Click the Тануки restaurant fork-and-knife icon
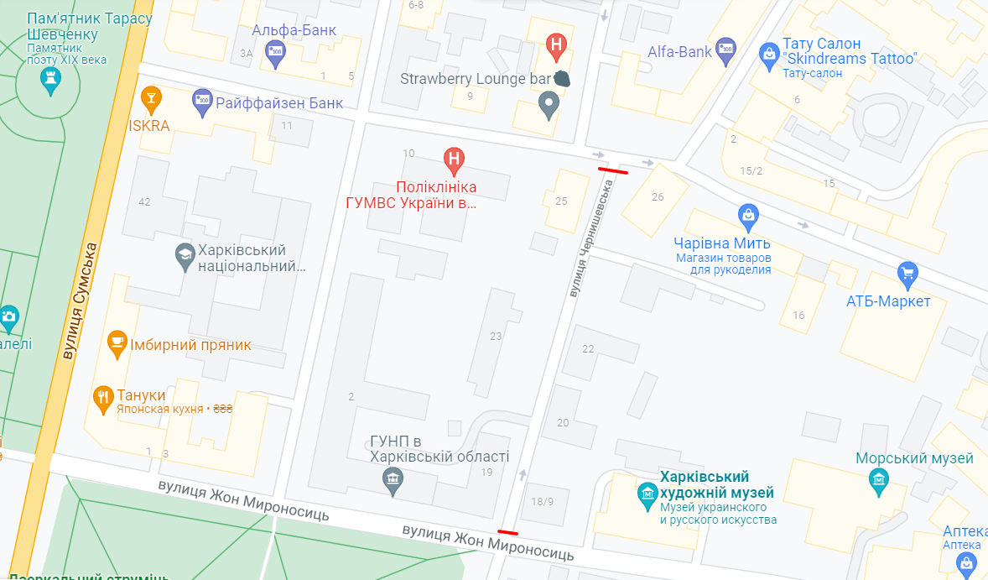coord(103,397)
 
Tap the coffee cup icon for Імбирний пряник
coord(117,342)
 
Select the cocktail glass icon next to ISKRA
coord(151,99)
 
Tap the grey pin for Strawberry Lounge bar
coord(549,106)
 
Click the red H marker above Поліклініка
coord(454,159)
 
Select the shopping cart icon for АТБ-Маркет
coord(907,274)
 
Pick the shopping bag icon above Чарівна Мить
coord(748,216)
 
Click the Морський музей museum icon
coord(878,479)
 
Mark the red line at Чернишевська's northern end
coord(612,170)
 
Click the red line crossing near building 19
coord(507,531)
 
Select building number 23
coord(496,336)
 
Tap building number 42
coord(144,201)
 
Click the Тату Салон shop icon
coord(768,55)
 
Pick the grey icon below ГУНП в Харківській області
coord(392,482)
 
